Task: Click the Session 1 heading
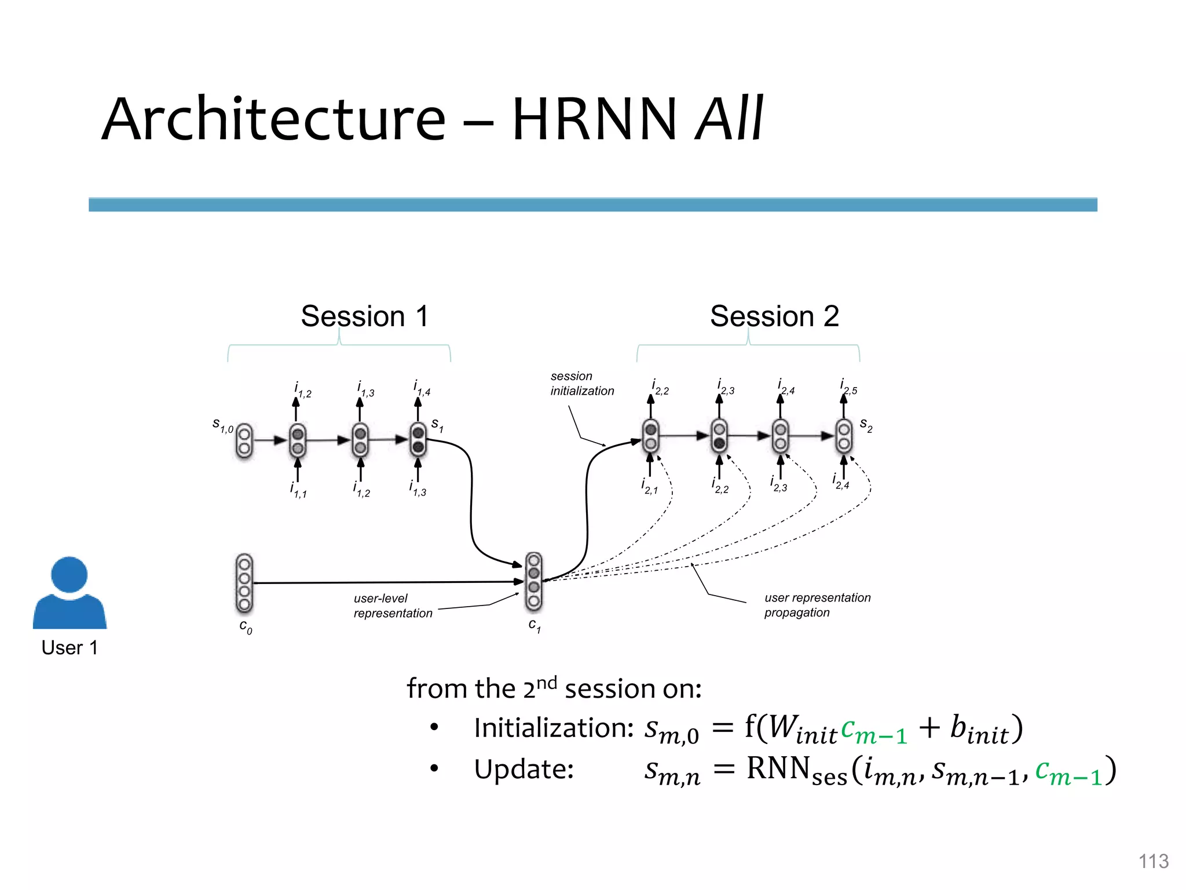pyautogui.click(x=364, y=316)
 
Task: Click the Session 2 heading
pyautogui.click(x=774, y=316)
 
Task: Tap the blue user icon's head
pyautogui.click(x=69, y=574)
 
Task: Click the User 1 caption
pyautogui.click(x=69, y=647)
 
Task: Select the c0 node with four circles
pyautogui.click(x=244, y=583)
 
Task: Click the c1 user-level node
pyautogui.click(x=533, y=581)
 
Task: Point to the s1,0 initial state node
pyautogui.click(x=244, y=441)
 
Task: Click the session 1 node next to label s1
pyautogui.click(x=418, y=440)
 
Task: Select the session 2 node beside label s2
pyautogui.click(x=844, y=436)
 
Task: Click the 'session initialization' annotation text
pyautogui.click(x=581, y=384)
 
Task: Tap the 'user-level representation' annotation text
pyautogui.click(x=392, y=606)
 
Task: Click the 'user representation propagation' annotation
pyautogui.click(x=817, y=605)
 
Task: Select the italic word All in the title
pyautogui.click(x=729, y=119)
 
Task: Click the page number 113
pyautogui.click(x=1153, y=861)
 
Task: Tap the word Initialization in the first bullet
pyautogui.click(x=553, y=728)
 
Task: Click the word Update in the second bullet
pyautogui.click(x=523, y=769)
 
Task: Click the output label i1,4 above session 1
pyautogui.click(x=422, y=388)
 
